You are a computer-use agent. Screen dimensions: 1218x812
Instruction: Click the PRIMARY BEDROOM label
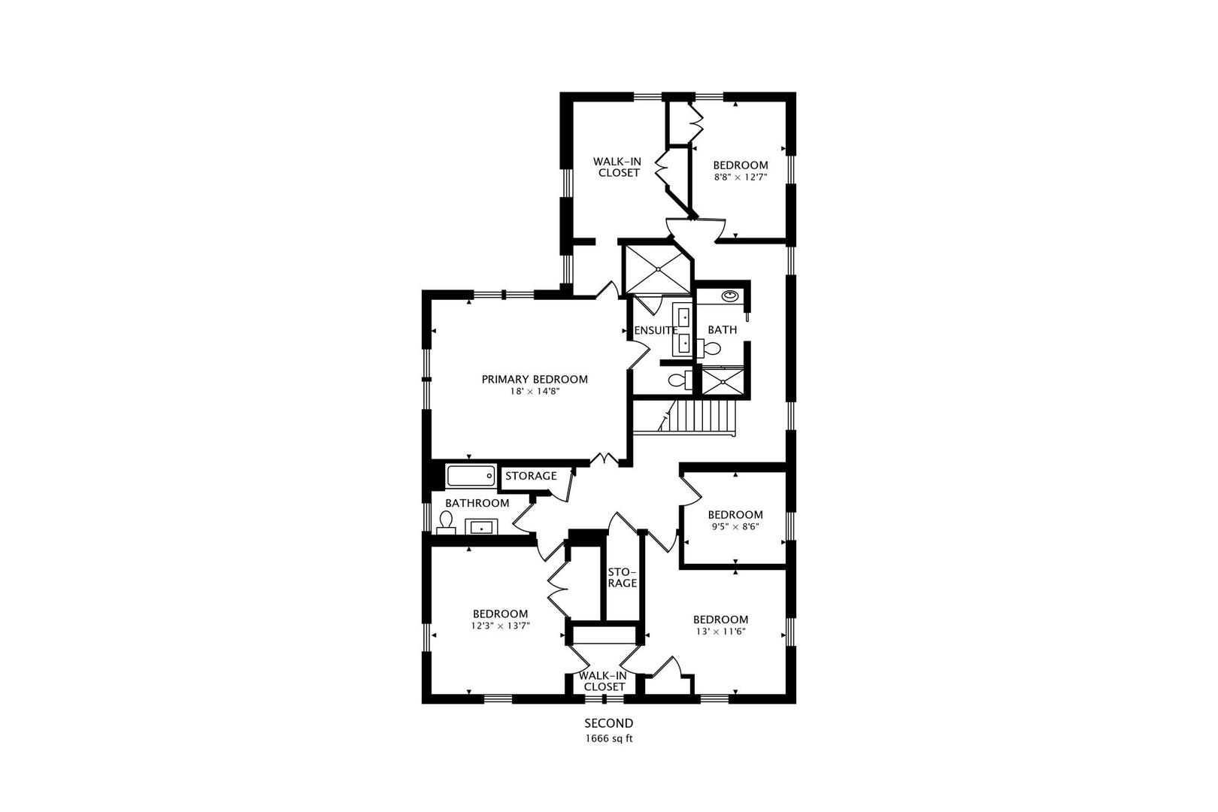(x=535, y=380)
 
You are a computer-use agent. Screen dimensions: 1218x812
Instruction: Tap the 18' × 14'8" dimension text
(x=535, y=391)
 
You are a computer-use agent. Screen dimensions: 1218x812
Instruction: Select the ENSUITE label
(x=656, y=330)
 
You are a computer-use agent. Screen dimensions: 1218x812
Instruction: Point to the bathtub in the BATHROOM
(x=471, y=476)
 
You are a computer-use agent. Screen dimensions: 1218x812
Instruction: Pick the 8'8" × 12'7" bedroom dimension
(x=741, y=177)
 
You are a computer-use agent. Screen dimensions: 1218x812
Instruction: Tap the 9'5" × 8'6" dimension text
(x=735, y=526)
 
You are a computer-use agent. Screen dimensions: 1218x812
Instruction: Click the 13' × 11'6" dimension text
(x=720, y=632)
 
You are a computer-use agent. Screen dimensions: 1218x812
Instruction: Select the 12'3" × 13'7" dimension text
(x=500, y=626)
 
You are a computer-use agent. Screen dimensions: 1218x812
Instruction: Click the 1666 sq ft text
(x=609, y=738)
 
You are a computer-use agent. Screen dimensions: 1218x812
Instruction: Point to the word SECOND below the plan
(x=609, y=723)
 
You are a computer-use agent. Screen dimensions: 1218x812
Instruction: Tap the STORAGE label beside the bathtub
(x=532, y=476)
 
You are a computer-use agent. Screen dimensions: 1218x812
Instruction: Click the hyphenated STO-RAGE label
(x=623, y=577)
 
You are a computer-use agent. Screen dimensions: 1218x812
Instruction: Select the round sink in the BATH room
(x=730, y=296)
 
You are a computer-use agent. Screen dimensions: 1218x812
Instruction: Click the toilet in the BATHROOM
(x=447, y=522)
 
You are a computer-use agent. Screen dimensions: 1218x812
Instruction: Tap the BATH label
(x=723, y=329)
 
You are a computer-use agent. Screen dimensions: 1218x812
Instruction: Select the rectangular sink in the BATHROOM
(x=481, y=526)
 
